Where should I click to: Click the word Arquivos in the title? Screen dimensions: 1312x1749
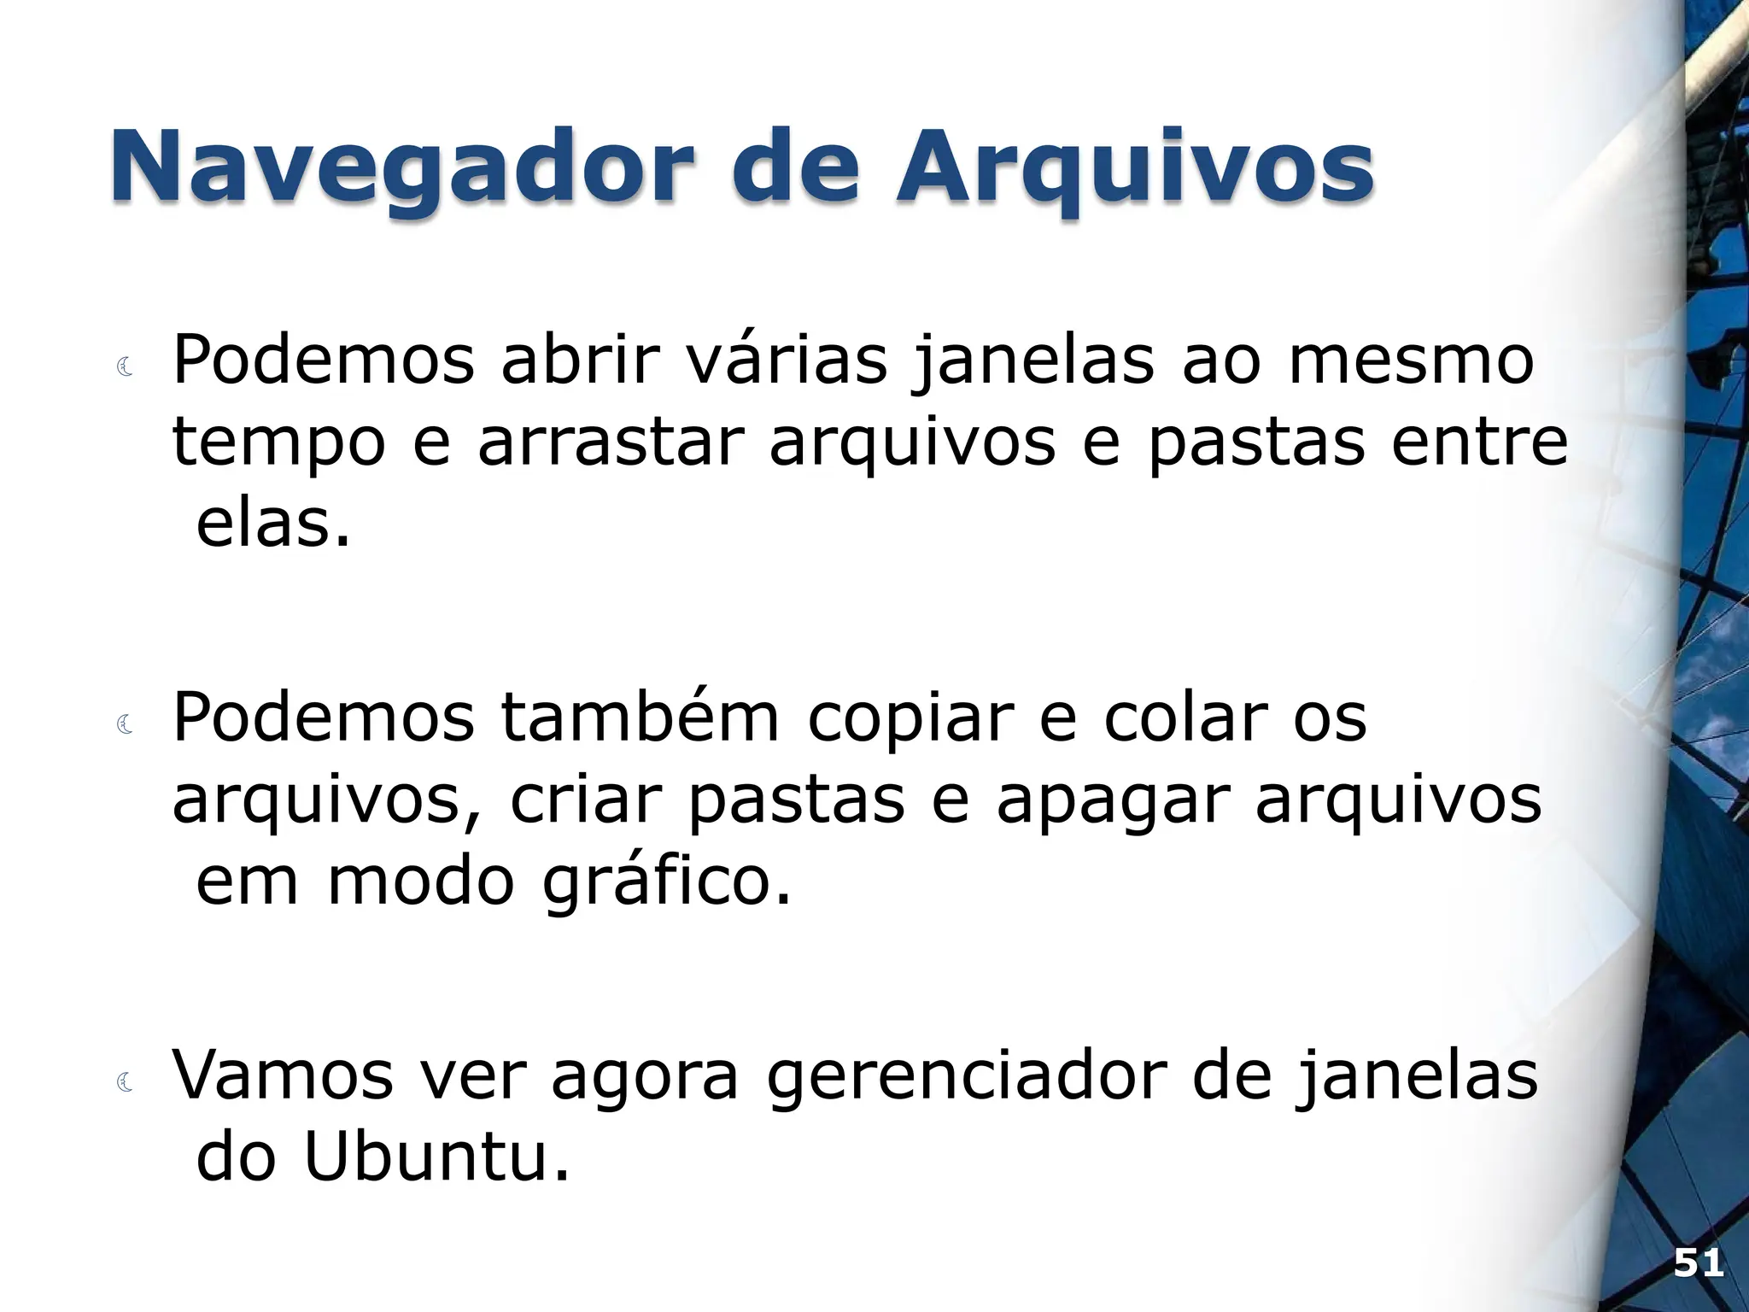[1134, 167]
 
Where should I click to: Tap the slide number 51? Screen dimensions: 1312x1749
[1698, 1262]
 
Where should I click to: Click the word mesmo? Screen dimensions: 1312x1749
[1411, 360]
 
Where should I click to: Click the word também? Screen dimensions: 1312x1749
[640, 717]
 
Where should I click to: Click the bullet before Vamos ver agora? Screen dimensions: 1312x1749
[126, 1083]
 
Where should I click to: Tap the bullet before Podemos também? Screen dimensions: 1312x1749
[126, 725]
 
